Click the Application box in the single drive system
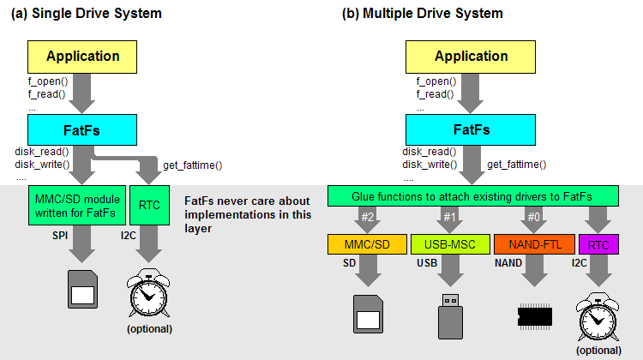click(x=83, y=57)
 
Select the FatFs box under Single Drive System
click(x=83, y=130)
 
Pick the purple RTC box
click(x=598, y=244)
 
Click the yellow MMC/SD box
click(x=366, y=244)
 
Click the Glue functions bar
click(x=472, y=196)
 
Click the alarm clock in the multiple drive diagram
click(x=598, y=317)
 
